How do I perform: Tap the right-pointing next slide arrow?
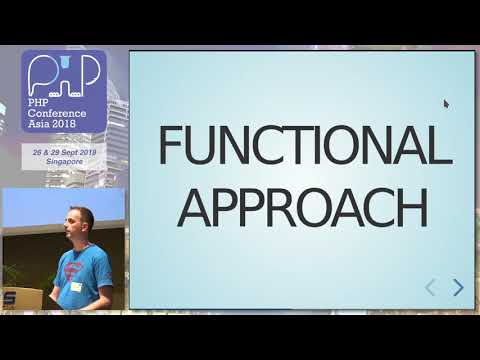(458, 288)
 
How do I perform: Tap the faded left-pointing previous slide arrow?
(431, 288)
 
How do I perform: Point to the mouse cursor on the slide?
(446, 102)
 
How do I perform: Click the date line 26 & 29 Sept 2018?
(63, 150)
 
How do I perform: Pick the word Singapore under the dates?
(63, 159)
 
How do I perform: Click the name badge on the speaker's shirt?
(76, 287)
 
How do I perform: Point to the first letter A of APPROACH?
(204, 208)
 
